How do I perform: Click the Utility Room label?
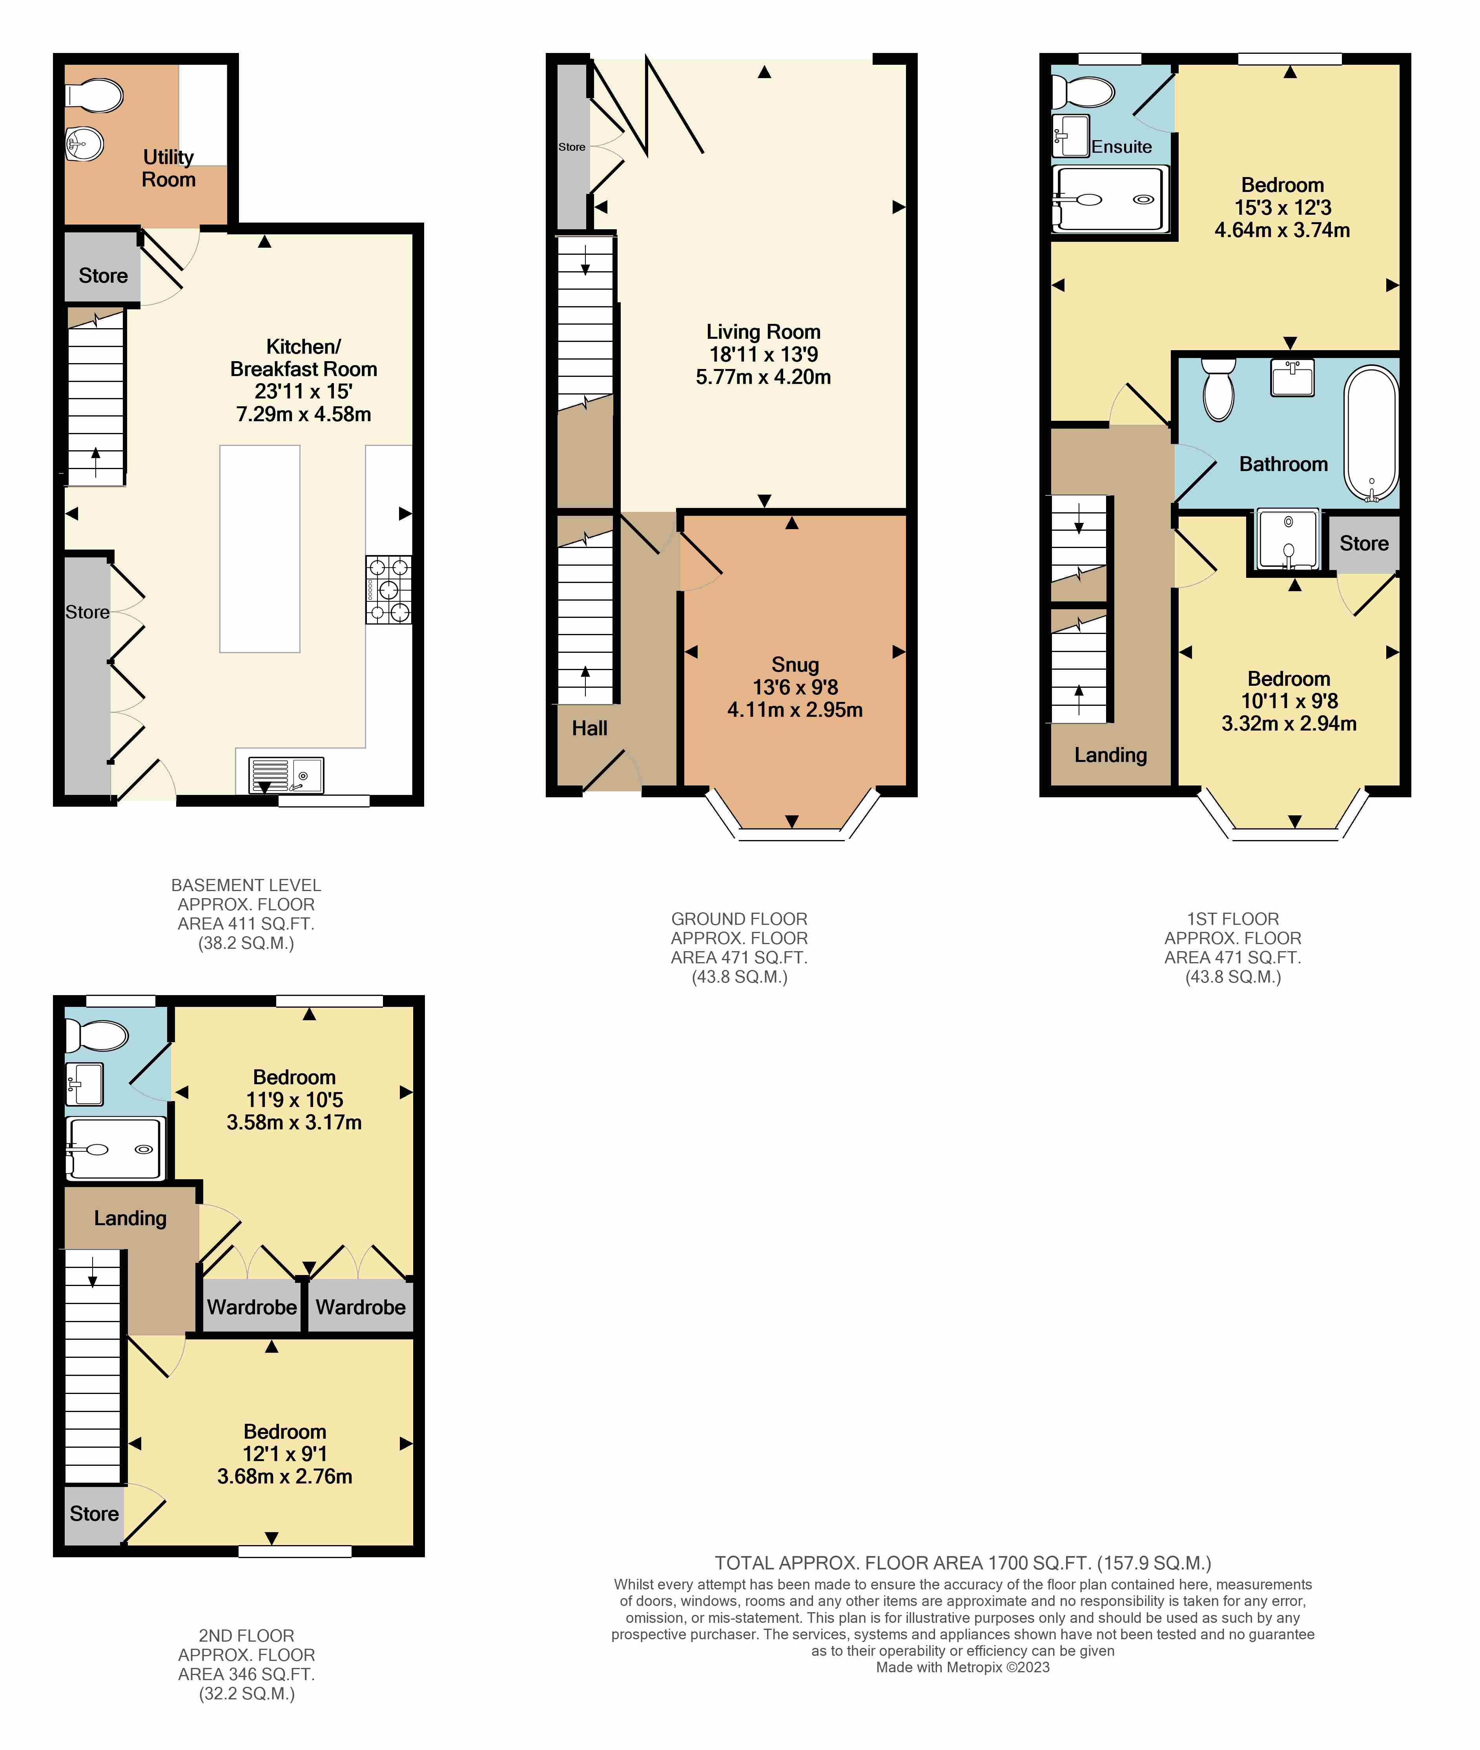point(169,168)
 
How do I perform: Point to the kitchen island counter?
point(260,549)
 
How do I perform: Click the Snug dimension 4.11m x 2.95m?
point(795,710)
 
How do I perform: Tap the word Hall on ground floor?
point(590,729)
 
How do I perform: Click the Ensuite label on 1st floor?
point(1122,147)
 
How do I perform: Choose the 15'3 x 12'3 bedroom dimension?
point(1283,207)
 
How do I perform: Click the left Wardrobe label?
point(252,1308)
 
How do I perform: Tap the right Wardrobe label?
point(361,1308)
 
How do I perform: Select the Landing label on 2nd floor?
point(130,1219)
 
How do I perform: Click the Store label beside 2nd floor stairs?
point(94,1514)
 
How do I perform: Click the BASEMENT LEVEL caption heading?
point(246,886)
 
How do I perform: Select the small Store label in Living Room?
point(572,147)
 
